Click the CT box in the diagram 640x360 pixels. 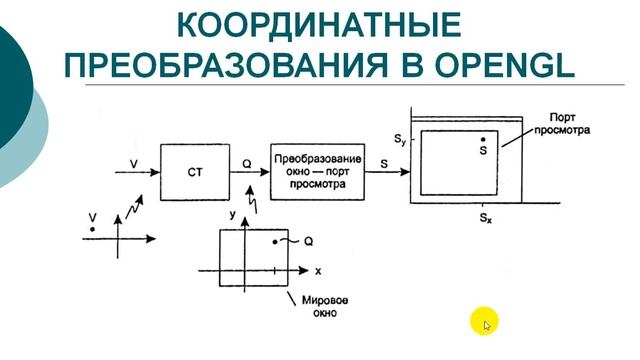click(195, 171)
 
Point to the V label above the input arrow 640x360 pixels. click(133, 160)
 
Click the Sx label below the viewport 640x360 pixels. click(485, 217)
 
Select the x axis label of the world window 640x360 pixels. click(318, 271)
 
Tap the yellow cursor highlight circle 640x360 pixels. click(484, 322)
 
